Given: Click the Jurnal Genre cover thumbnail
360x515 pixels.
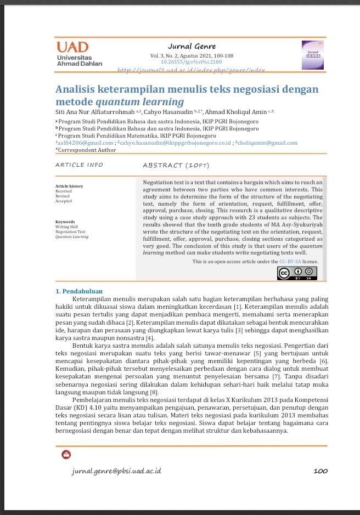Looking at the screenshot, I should tap(313, 54).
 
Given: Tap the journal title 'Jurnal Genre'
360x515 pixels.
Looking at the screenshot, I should tap(192, 46).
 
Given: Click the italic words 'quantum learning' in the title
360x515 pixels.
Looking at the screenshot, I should tap(140, 102).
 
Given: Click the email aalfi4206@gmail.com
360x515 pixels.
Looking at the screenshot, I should tap(86, 143).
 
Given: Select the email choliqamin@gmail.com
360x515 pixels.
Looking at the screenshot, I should tap(268, 143).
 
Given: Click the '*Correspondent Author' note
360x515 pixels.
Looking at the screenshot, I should tap(86, 150).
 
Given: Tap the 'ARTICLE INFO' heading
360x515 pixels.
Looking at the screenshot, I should tap(79, 165).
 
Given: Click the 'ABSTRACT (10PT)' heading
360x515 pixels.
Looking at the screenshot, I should tap(176, 165).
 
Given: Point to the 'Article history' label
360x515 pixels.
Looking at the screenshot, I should tap(69, 186).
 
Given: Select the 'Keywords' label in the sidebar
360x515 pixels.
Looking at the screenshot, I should tap(65, 222).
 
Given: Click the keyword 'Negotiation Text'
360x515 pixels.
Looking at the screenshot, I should tap(70, 232).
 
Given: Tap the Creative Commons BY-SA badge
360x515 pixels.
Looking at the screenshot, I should tap(297, 273).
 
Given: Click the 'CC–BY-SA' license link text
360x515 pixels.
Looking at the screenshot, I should tap(290, 262).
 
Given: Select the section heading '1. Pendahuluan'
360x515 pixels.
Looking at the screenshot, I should tap(79, 291).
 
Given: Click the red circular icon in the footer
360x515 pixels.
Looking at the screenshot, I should tap(66, 455).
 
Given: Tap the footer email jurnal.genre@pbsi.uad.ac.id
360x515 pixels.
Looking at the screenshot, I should tap(116, 471).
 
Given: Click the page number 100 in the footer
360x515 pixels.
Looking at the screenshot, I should tap(320, 471).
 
